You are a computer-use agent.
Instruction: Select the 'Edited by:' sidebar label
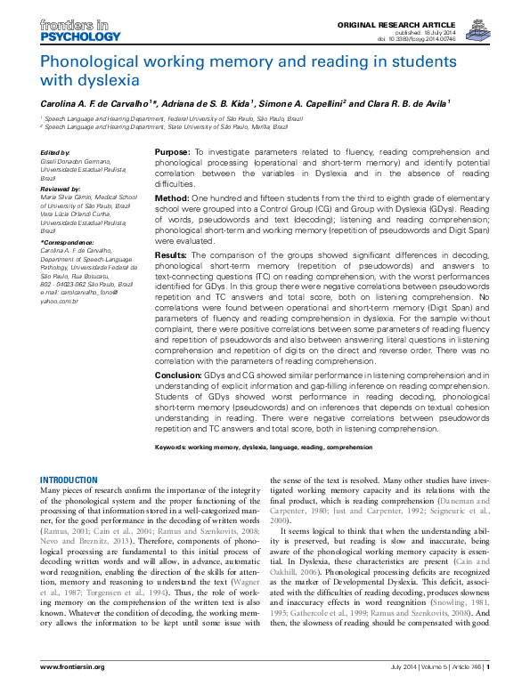pos(55,153)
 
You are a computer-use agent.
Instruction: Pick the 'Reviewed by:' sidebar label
pos(61,189)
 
